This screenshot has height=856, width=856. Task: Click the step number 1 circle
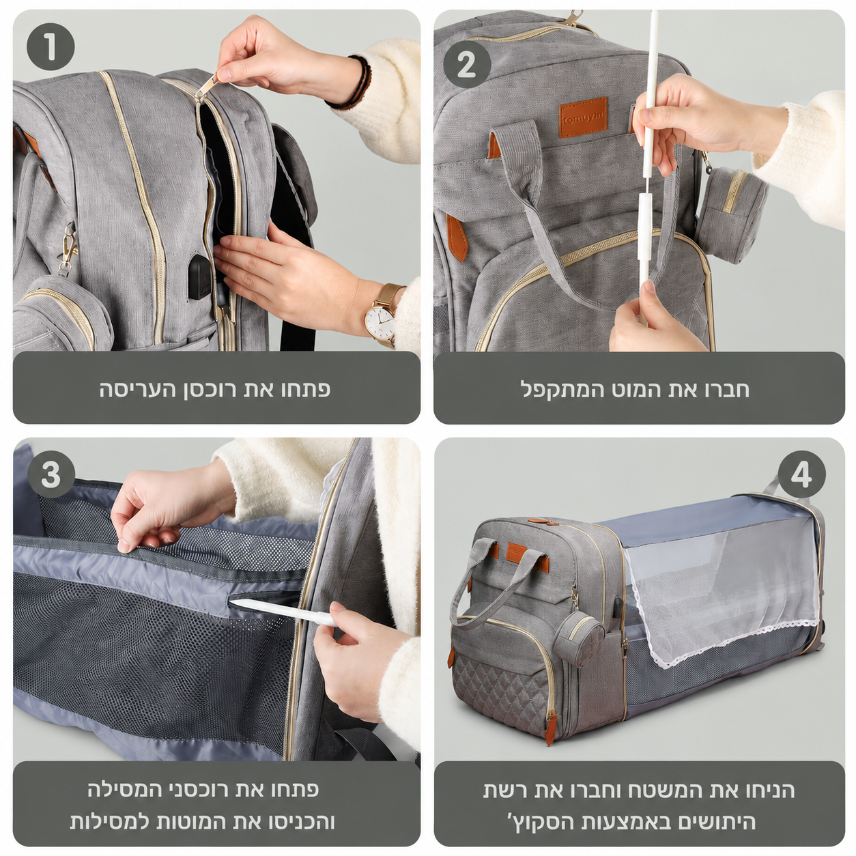51,46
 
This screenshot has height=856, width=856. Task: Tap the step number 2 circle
466,66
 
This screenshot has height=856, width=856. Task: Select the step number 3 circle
51,475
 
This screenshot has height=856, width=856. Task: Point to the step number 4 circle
801,475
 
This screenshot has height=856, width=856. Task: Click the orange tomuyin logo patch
583,117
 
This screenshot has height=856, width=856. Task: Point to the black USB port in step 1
200,276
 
